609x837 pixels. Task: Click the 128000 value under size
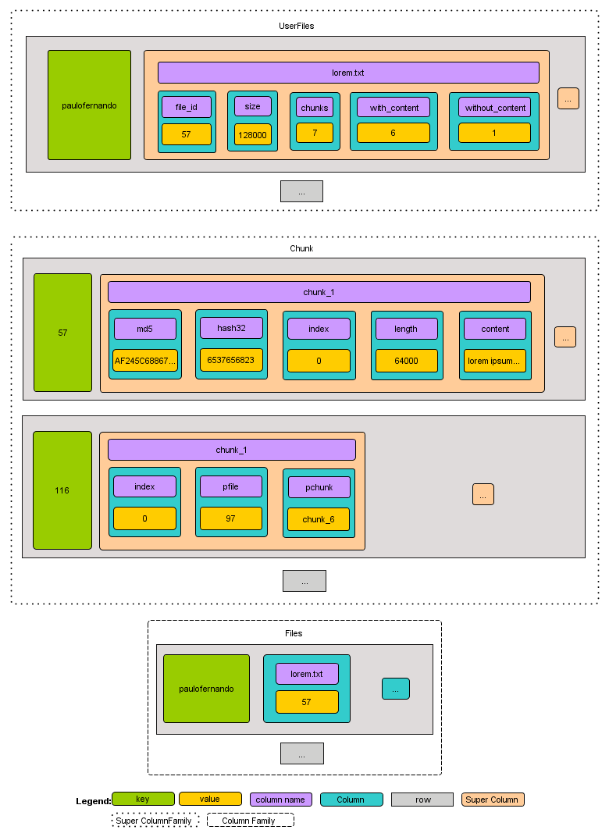(253, 135)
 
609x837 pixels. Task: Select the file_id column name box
(187, 107)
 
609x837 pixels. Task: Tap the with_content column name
(394, 108)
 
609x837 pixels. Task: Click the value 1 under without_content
(494, 133)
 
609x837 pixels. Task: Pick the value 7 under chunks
(315, 133)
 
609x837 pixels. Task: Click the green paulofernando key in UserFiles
(89, 105)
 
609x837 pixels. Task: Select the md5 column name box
(144, 329)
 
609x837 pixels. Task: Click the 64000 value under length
(406, 360)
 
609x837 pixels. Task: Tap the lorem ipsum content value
(495, 361)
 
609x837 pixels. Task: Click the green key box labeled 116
(62, 490)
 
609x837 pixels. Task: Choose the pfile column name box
(231, 486)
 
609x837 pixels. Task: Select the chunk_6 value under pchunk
(319, 519)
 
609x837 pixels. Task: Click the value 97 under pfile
(231, 518)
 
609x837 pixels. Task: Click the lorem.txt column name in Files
(306, 674)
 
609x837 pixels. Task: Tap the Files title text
(294, 633)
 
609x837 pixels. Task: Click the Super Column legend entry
(493, 800)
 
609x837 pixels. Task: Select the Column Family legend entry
(250, 821)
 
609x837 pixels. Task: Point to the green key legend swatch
(143, 799)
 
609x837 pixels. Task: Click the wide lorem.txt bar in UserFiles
(348, 73)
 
